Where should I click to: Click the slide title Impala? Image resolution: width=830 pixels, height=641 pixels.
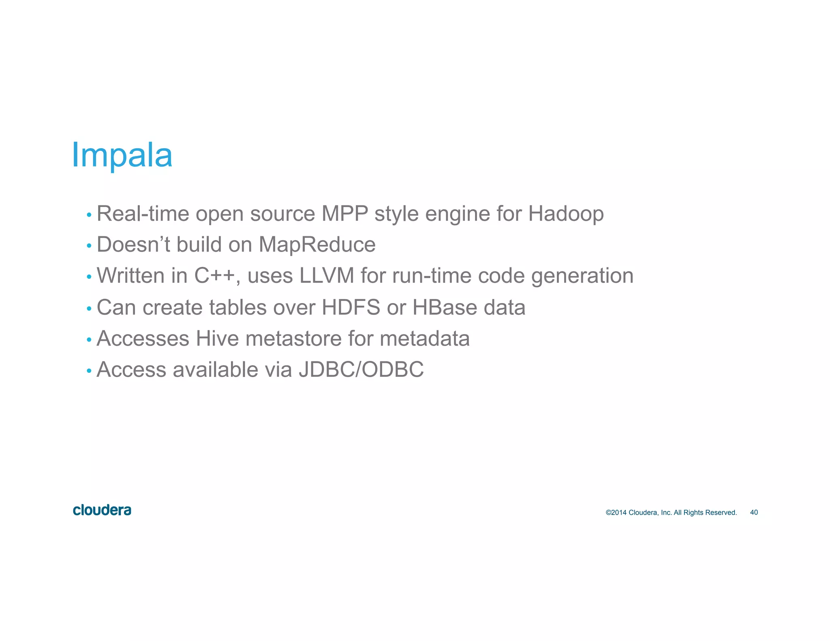tap(122, 156)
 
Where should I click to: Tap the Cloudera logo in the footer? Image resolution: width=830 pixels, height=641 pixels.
tap(102, 510)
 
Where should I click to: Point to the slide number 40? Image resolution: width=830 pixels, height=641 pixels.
tap(754, 513)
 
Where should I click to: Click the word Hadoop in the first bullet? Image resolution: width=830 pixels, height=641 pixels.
tap(566, 214)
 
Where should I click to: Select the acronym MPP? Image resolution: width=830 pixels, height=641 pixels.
tap(344, 214)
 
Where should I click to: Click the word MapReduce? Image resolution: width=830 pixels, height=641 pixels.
tap(317, 245)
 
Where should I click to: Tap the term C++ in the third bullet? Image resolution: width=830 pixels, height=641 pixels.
tap(215, 276)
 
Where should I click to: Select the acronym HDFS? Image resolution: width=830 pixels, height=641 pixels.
tap(351, 307)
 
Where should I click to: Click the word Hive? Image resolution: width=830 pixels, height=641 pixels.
tap(217, 338)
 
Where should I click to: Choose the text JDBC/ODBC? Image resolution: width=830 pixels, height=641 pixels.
tap(361, 370)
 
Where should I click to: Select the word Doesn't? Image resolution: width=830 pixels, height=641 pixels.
tap(133, 245)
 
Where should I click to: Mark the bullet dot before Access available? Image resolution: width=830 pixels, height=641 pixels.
tap(89, 371)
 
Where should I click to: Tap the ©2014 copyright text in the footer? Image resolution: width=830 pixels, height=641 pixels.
tap(671, 513)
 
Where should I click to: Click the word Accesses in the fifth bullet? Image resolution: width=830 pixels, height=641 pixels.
tap(143, 338)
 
